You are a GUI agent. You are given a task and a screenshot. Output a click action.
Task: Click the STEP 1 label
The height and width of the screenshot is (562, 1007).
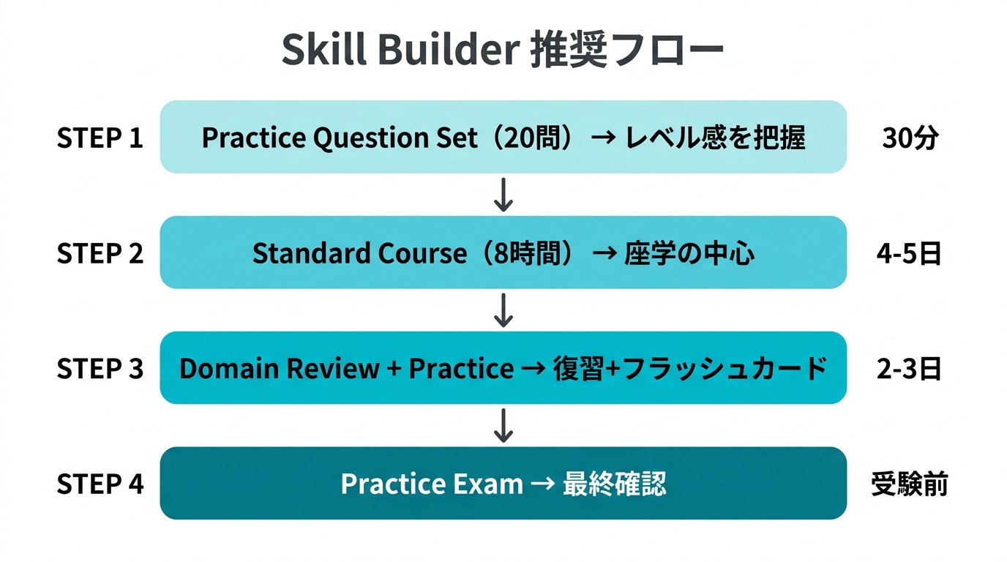tap(100, 138)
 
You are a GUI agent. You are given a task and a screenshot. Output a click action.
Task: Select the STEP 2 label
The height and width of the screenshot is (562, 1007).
tap(100, 253)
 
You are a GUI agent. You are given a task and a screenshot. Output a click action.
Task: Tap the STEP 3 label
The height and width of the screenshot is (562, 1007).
tap(100, 369)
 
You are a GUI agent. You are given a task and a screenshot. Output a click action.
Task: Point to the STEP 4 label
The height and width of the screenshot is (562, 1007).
tap(100, 484)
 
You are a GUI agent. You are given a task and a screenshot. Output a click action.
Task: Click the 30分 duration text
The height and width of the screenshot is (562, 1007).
tap(910, 138)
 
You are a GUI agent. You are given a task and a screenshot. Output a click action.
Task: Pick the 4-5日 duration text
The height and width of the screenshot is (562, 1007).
tap(909, 253)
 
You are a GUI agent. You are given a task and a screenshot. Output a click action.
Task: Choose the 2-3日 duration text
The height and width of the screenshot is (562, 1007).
tap(909, 369)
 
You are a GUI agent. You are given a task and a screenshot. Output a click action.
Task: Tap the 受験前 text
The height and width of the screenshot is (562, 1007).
tap(910, 484)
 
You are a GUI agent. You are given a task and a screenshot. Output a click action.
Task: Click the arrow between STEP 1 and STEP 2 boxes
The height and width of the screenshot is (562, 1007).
tap(503, 195)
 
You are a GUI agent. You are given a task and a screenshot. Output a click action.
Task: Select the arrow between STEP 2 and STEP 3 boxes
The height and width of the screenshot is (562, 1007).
tap(503, 310)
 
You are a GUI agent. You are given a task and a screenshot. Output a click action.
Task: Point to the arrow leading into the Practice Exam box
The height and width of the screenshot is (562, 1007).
tap(503, 426)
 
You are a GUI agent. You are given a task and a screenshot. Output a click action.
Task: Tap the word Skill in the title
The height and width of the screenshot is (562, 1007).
tap(323, 51)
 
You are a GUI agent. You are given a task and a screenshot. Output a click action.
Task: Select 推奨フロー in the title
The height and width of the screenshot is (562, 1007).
tap(626, 51)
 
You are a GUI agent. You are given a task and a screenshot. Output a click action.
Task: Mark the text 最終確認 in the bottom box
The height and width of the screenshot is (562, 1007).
tap(614, 484)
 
